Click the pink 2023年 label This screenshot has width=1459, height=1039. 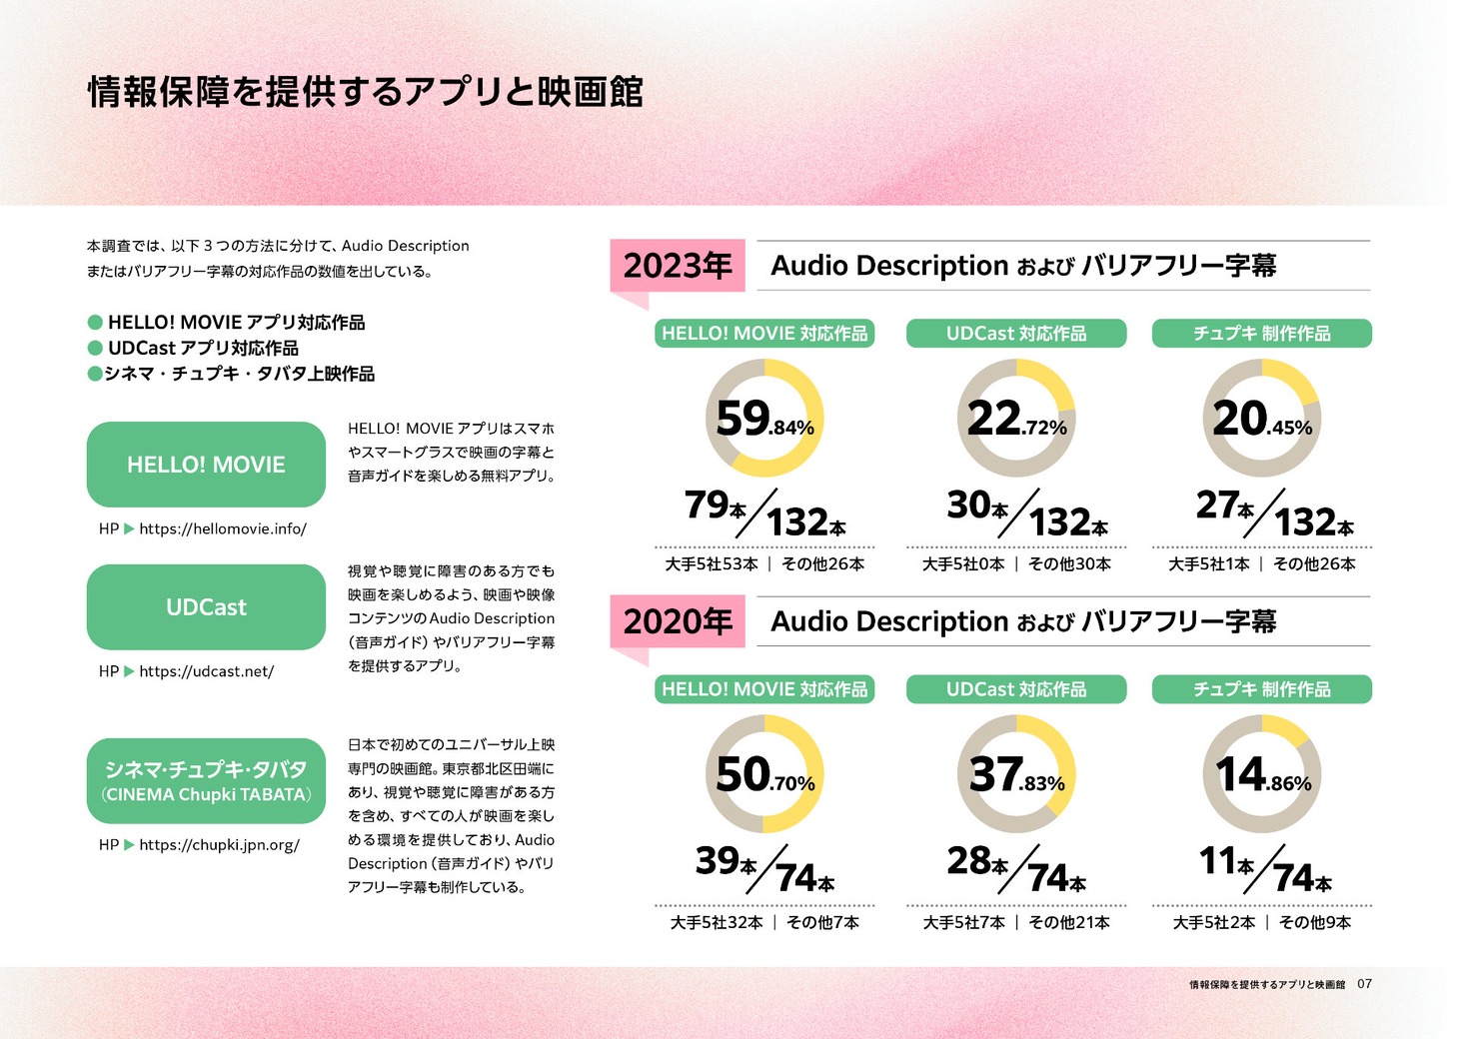click(678, 266)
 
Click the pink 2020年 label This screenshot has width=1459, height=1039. click(678, 621)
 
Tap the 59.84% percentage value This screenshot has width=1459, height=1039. click(764, 420)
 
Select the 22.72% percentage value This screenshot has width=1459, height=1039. click(1016, 420)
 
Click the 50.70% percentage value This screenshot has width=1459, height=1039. click(765, 775)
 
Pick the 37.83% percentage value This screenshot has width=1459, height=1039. click(1016, 775)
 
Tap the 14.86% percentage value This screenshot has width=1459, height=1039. click(1263, 775)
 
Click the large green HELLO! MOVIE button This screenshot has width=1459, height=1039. click(206, 465)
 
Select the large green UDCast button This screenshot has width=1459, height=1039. click(206, 606)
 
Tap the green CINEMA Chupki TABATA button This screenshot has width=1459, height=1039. click(206, 781)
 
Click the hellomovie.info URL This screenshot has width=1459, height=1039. click(223, 528)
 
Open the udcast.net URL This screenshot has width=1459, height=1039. click(207, 671)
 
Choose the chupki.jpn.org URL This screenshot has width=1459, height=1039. click(220, 845)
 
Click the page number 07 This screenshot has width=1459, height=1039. click(1364, 984)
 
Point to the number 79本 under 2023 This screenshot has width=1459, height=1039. click(715, 506)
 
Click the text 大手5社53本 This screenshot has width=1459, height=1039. click(712, 564)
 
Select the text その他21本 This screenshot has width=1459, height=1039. click(1069, 922)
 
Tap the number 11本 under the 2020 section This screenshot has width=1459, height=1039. click(1226, 862)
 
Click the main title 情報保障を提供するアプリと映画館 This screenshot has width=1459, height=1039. click(366, 91)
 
